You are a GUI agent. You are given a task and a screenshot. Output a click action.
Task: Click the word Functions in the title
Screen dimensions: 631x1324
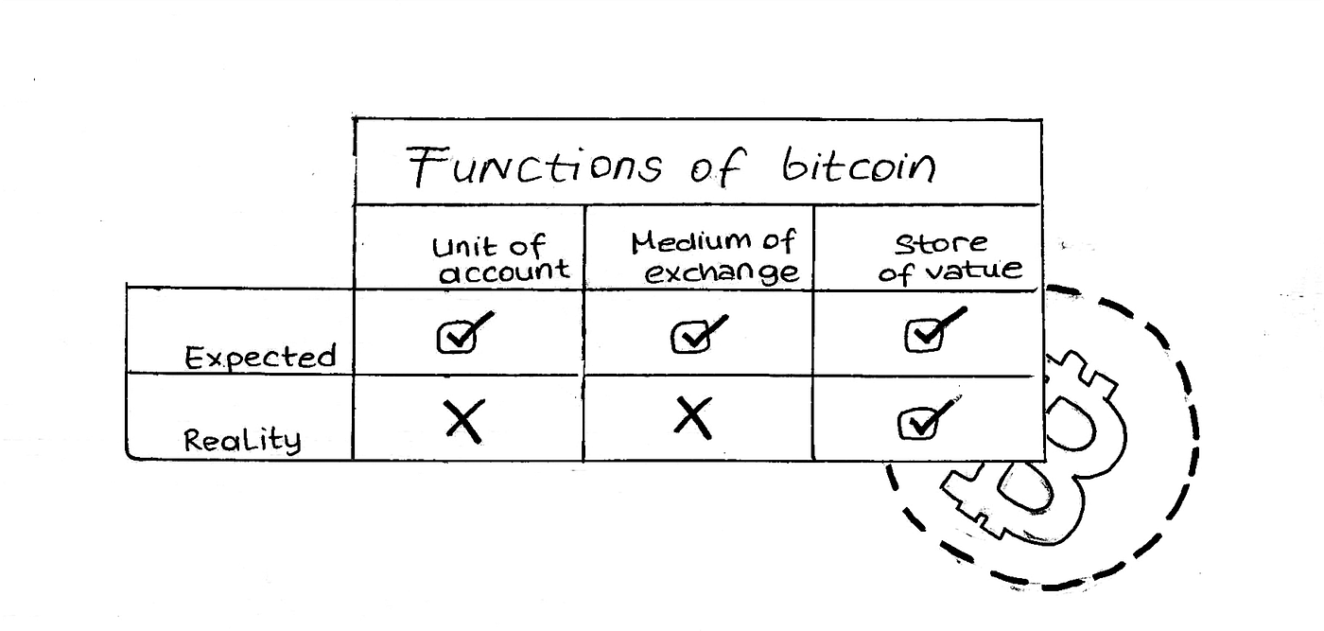(x=534, y=166)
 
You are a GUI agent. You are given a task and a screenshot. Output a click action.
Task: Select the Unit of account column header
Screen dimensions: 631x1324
(x=501, y=259)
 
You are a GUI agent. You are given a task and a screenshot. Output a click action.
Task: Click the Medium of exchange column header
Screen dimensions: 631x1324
(x=713, y=257)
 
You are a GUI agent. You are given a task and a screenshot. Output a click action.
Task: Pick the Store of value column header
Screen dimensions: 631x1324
(x=949, y=256)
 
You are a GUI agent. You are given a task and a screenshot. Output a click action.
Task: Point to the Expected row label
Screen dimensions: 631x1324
(x=260, y=358)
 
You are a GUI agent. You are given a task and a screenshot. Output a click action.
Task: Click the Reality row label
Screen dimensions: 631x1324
(x=242, y=440)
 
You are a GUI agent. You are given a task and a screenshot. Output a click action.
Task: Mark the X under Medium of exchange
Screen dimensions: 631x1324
(x=693, y=417)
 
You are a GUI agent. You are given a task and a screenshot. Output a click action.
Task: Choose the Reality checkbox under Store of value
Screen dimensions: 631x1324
(x=916, y=424)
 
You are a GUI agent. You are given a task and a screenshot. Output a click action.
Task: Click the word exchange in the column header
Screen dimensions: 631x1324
(x=723, y=273)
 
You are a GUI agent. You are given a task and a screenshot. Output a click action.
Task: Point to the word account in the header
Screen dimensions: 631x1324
(x=506, y=272)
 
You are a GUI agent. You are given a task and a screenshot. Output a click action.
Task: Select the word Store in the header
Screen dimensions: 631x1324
(x=940, y=243)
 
